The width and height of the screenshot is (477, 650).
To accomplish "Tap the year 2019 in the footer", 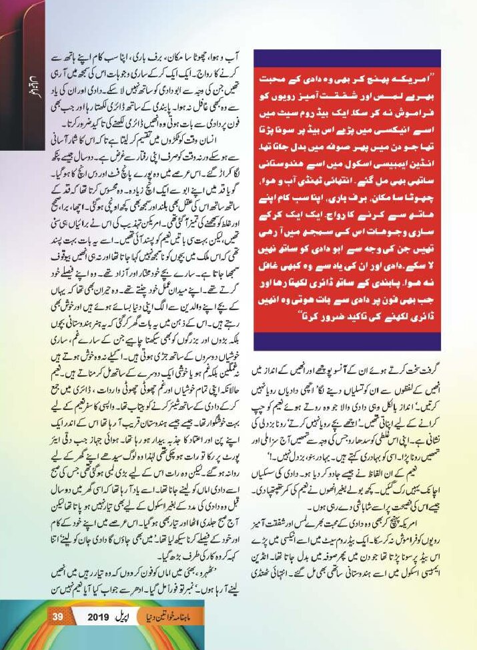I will pos(102,616).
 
